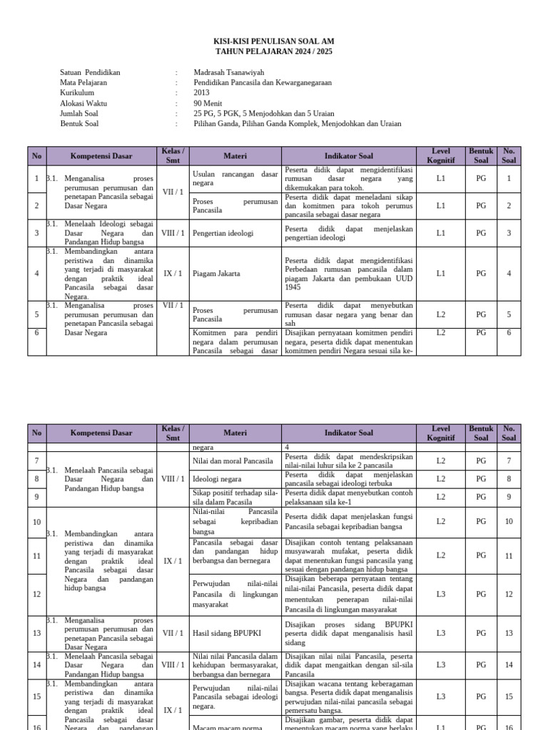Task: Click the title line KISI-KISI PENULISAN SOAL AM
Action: click(273, 42)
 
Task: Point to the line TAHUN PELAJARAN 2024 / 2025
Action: click(273, 52)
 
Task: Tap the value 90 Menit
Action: click(208, 103)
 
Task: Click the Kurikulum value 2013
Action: click(202, 93)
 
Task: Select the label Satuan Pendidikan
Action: click(91, 73)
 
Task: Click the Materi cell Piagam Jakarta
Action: click(216, 274)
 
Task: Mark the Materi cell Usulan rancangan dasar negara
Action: click(235, 178)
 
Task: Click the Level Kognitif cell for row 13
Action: click(440, 633)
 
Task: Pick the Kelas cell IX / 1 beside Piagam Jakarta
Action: click(173, 274)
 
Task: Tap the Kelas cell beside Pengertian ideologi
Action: click(173, 233)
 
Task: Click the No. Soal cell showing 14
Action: click(509, 665)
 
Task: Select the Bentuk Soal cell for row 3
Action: click(481, 233)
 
